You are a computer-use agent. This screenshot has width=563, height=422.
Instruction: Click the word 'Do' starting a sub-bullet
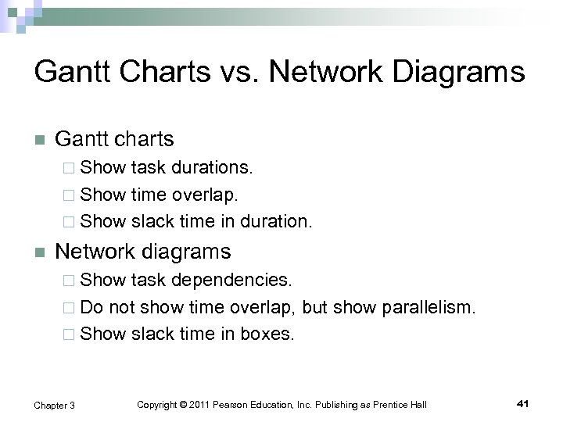pyautogui.click(x=91, y=306)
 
